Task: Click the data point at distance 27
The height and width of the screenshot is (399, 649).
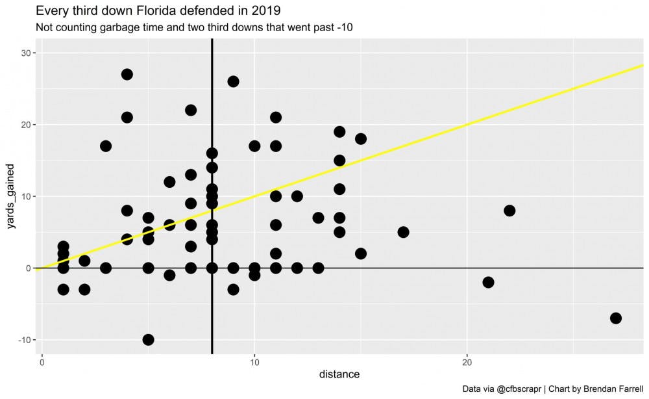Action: [615, 318]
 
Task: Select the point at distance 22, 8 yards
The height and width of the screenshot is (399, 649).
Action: [509, 211]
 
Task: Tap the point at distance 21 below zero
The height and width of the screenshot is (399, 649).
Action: [488, 282]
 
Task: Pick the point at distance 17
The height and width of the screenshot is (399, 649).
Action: [403, 232]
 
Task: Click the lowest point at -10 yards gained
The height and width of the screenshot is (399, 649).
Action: [148, 339]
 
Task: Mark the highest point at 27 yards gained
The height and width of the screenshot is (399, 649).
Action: [127, 74]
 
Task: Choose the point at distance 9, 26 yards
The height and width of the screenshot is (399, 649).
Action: [233, 81]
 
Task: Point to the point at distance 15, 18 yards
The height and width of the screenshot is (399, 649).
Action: [361, 139]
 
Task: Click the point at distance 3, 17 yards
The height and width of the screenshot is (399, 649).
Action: [106, 146]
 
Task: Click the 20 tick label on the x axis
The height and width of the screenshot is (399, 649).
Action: [467, 362]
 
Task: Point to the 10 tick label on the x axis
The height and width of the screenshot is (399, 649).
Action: [254, 362]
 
